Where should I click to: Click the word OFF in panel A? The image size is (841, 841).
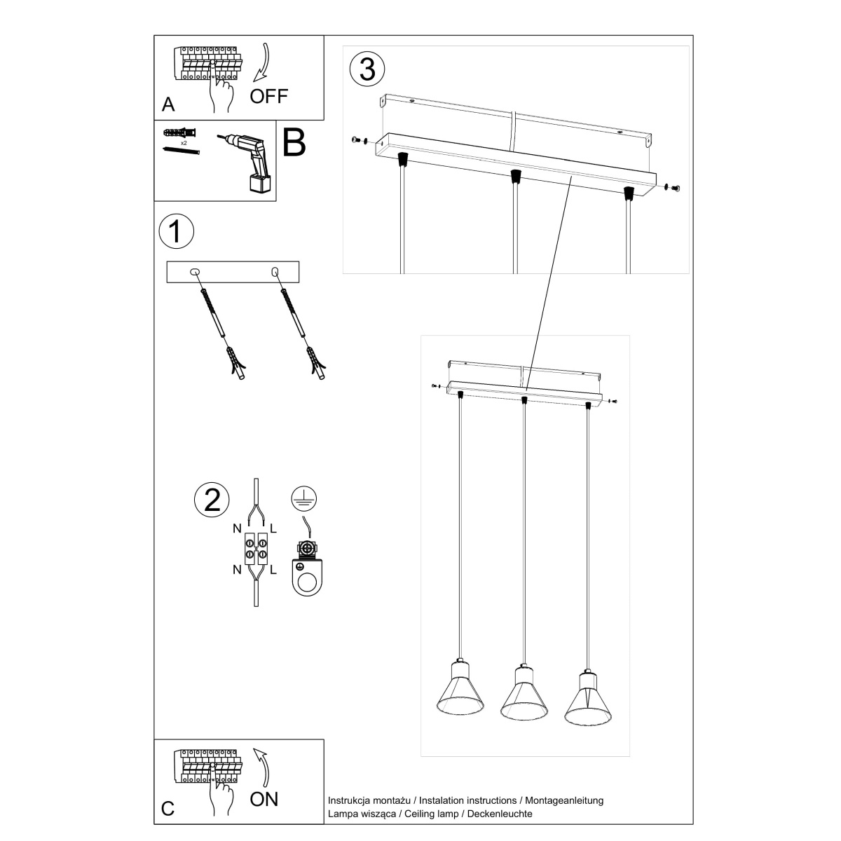click(269, 95)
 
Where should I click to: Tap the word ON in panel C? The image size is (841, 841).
click(264, 798)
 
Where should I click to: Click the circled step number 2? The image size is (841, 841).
click(212, 499)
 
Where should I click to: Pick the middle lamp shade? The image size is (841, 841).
click(524, 694)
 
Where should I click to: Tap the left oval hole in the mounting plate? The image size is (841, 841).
click(196, 271)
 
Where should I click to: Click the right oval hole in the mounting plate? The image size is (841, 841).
click(275, 271)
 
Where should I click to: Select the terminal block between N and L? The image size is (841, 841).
click(254, 549)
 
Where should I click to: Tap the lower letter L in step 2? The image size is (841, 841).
click(273, 569)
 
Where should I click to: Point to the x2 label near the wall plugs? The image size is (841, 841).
click(183, 142)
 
